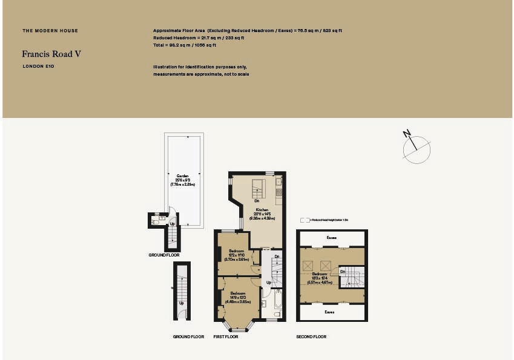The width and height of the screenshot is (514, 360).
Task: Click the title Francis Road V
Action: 51,54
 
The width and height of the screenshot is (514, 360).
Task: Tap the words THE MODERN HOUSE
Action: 50,31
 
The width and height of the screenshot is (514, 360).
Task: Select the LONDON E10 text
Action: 38,66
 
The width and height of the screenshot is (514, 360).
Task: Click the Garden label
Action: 182,176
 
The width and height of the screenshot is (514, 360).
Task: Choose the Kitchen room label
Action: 262,210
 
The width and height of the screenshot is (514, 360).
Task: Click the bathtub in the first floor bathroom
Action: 278,300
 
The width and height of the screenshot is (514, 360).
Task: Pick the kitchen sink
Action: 278,181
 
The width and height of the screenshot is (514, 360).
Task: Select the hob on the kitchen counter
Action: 278,193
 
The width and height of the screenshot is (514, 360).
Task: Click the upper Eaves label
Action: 331,238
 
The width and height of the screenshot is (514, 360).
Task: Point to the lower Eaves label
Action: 330,312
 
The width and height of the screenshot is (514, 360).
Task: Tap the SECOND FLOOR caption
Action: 311,336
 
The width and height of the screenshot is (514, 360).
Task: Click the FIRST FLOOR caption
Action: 226,336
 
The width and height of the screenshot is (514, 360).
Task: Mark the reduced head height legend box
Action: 305,220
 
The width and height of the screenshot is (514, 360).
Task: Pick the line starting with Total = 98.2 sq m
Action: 193,45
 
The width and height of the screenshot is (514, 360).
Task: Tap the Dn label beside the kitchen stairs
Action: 257,200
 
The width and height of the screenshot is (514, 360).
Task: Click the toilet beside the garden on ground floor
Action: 155,221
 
